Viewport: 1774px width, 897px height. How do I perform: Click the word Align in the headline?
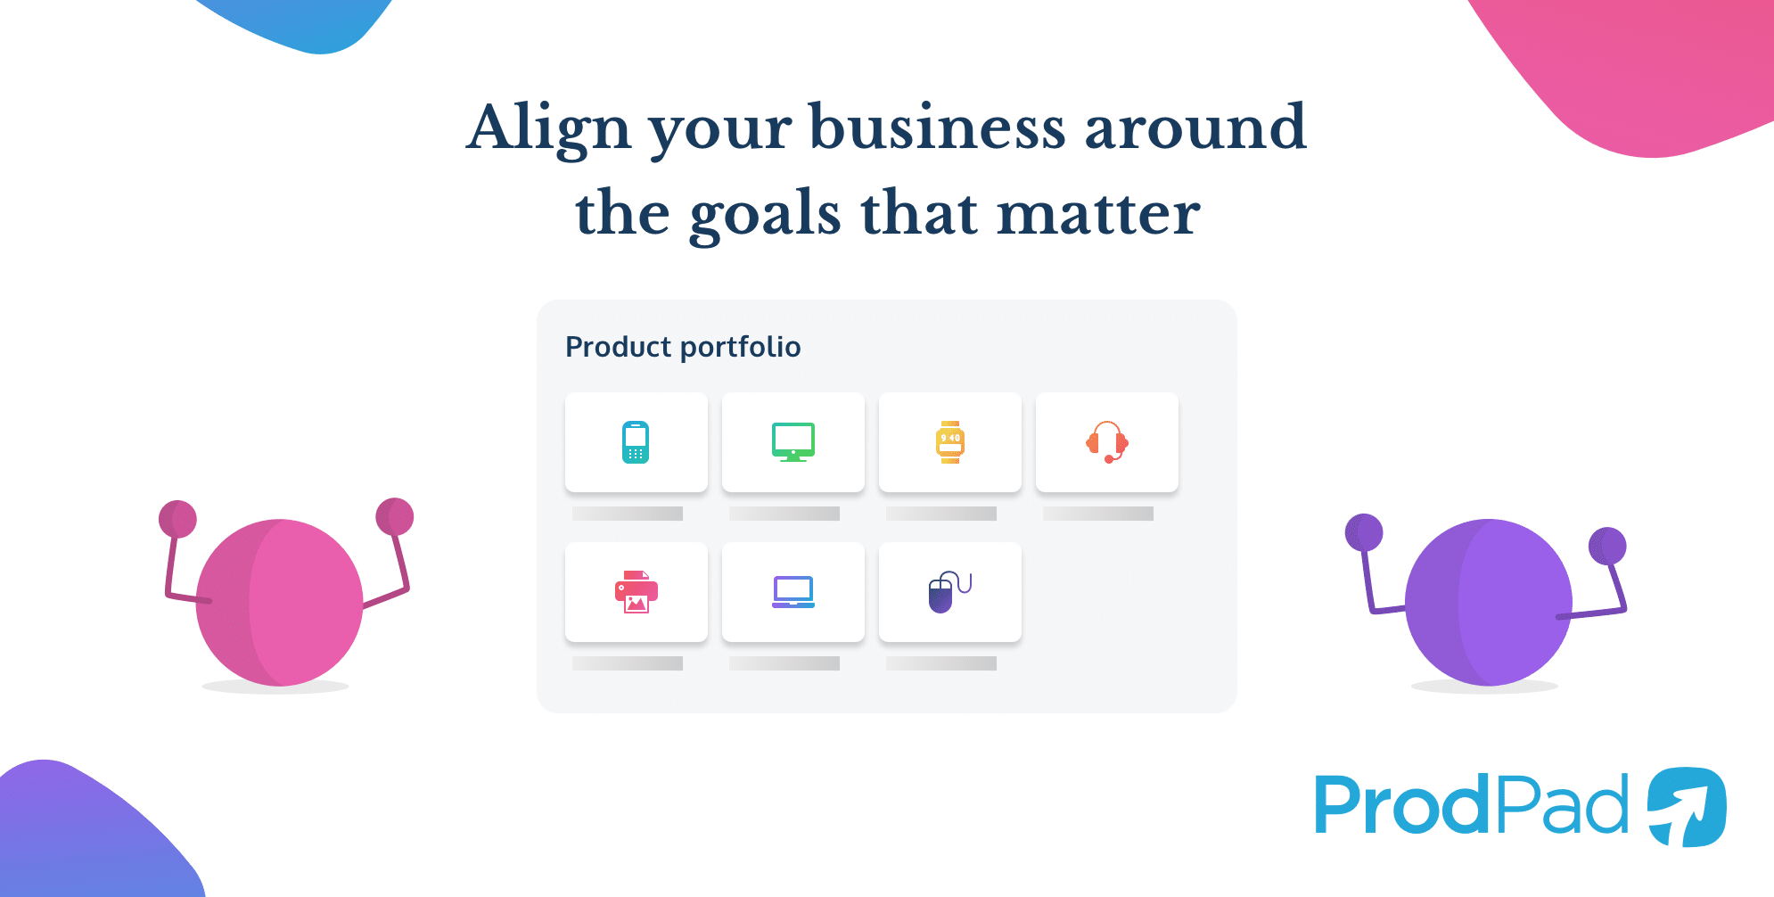(x=547, y=128)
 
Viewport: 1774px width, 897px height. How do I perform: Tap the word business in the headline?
(x=936, y=128)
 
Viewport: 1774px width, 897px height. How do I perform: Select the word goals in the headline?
(x=765, y=214)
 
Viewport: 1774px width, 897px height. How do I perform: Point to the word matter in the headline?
(x=1097, y=214)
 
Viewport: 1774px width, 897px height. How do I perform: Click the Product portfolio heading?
(x=683, y=347)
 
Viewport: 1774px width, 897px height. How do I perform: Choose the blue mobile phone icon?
(x=636, y=442)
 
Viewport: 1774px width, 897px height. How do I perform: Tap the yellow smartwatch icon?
(x=950, y=442)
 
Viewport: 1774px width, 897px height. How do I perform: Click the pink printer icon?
(x=636, y=592)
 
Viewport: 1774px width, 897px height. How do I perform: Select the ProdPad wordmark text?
(x=1471, y=806)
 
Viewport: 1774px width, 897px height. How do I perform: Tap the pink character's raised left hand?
(x=177, y=518)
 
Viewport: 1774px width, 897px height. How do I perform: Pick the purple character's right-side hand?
(x=1607, y=546)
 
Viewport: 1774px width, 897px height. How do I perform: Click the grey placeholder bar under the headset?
(x=1098, y=514)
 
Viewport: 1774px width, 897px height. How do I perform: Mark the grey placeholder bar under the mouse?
(x=941, y=663)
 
